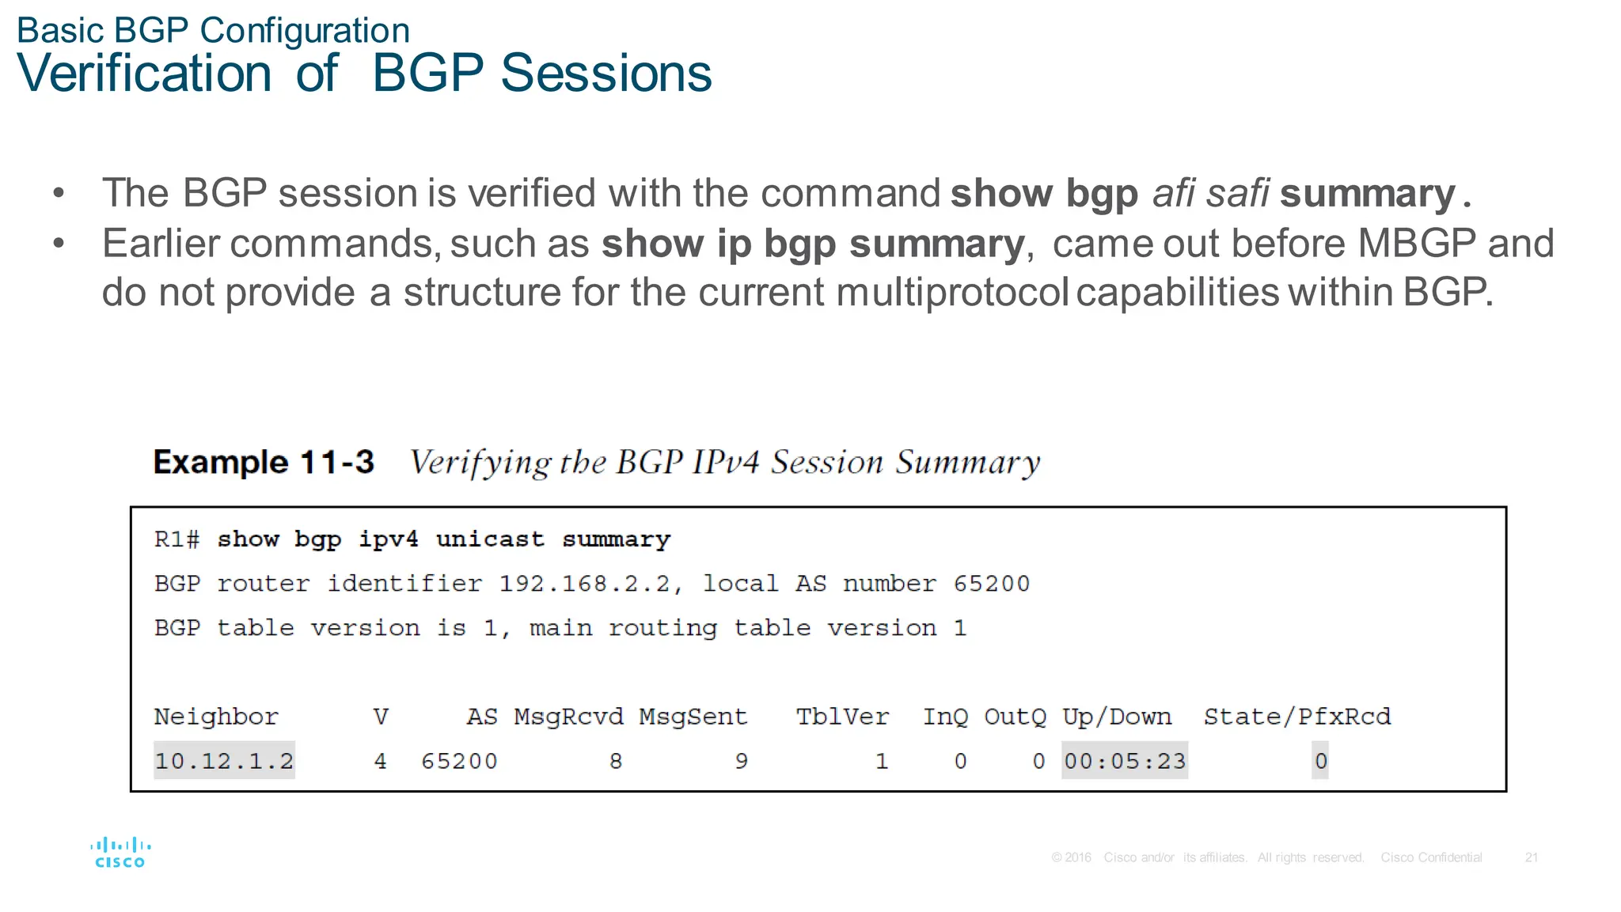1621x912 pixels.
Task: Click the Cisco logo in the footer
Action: tap(120, 853)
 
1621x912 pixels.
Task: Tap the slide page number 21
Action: tap(1532, 857)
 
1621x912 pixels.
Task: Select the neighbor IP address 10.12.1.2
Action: tap(224, 761)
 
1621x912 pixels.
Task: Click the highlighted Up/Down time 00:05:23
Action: tap(1124, 761)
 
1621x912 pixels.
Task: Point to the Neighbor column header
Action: tap(216, 717)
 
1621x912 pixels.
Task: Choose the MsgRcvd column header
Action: tap(568, 717)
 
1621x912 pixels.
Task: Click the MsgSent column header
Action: tap(693, 717)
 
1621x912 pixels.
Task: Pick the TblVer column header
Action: tap(842, 717)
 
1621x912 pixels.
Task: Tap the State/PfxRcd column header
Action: tap(1296, 717)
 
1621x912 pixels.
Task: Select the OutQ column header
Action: tap(1015, 717)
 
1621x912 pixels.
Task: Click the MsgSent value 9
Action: tap(741, 761)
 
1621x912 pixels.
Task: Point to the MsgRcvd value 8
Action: tap(616, 761)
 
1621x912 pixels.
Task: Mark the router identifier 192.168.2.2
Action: tap(585, 584)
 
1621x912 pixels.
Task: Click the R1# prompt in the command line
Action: tap(177, 539)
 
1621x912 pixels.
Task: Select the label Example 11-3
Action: tap(264, 462)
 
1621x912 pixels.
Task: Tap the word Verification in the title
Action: tap(144, 74)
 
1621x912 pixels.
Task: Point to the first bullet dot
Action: tap(59, 193)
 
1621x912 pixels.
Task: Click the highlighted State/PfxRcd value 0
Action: tap(1320, 761)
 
